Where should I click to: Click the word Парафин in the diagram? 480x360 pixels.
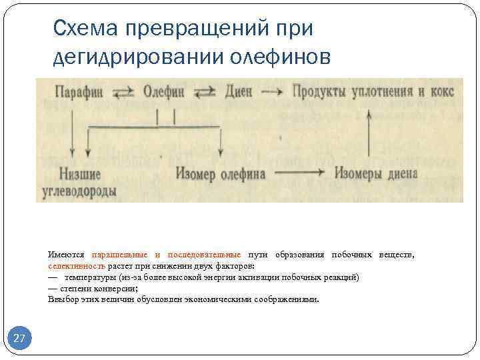click(x=79, y=91)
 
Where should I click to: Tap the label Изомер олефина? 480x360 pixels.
click(x=221, y=175)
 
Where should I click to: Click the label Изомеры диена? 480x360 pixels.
click(x=376, y=175)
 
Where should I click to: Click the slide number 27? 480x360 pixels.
click(x=19, y=339)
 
